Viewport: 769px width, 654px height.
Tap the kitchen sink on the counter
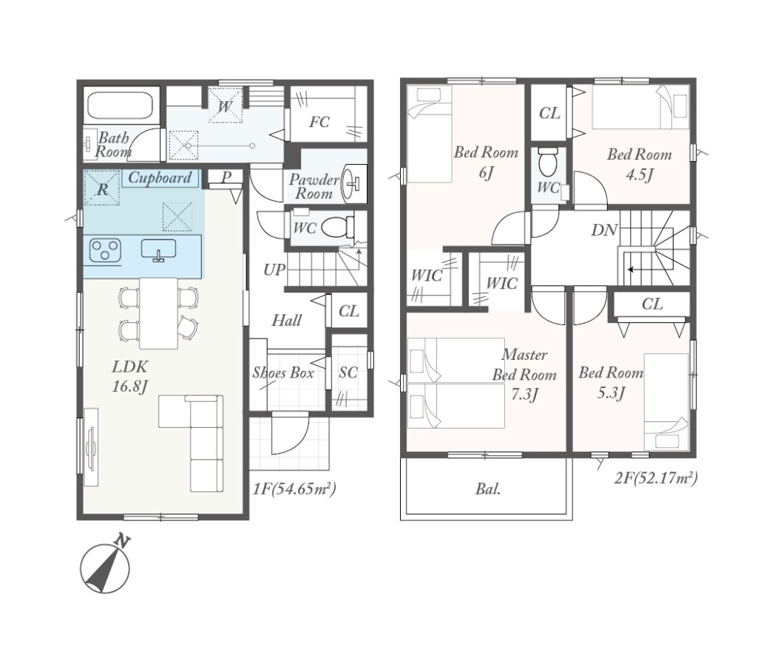click(158, 250)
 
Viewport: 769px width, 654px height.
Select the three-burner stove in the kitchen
click(104, 249)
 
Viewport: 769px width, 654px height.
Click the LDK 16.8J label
click(130, 376)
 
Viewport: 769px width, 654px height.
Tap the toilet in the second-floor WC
click(547, 163)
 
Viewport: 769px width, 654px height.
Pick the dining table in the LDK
click(158, 313)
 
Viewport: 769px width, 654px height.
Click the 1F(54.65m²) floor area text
click(294, 488)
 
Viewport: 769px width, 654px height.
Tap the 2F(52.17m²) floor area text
click(656, 477)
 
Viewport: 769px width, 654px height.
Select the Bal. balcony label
click(488, 488)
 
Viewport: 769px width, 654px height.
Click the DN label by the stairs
click(603, 229)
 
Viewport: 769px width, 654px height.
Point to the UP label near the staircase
click(274, 269)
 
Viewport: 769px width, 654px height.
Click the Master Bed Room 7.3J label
click(524, 374)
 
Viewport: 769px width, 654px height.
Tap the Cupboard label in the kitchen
click(160, 177)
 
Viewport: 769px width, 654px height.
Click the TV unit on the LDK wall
click(91, 446)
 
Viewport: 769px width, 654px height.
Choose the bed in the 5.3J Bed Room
click(666, 401)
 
